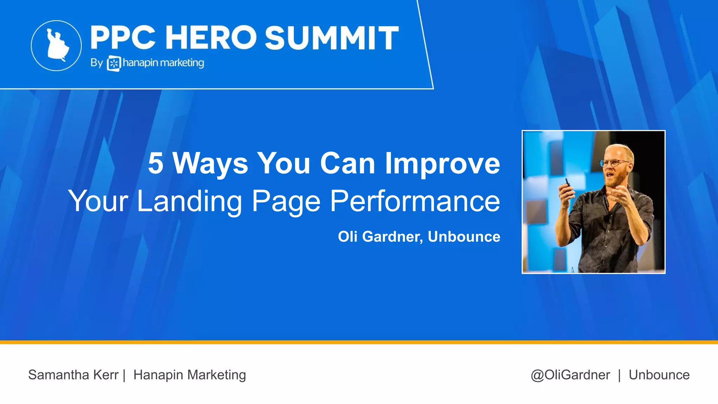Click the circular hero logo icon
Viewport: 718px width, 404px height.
coord(56,46)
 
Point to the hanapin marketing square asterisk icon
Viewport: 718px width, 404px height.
coord(114,63)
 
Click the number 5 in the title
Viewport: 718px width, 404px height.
coord(155,163)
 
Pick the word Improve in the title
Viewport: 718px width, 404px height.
coord(442,164)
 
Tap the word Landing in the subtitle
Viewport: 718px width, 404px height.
coord(189,201)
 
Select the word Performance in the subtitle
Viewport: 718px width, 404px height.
coord(415,201)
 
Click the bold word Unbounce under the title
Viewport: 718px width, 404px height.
coord(464,237)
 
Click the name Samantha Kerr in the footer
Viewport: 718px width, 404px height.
coord(73,375)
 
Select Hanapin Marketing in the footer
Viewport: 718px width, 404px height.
coord(190,375)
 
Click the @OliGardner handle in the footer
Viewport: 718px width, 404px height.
coord(570,375)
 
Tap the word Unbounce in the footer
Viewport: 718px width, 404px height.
coord(659,375)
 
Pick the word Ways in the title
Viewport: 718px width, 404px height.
coord(210,164)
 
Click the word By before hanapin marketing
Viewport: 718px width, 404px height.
coord(96,63)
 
